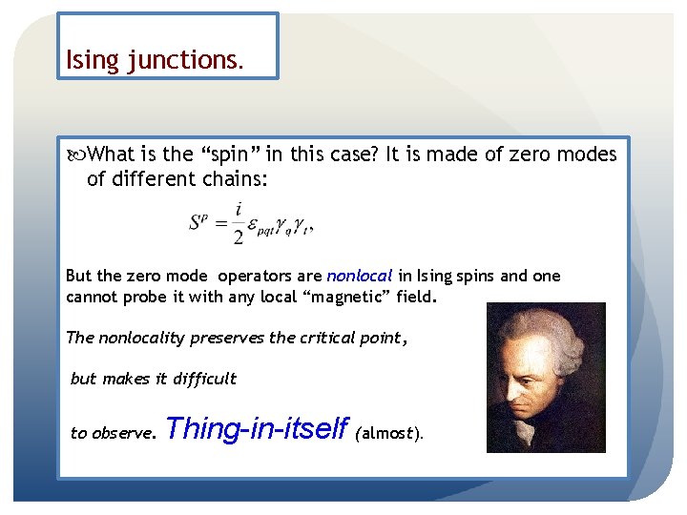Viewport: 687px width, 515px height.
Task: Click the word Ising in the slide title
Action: coord(91,60)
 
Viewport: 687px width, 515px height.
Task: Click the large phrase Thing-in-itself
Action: coord(257,429)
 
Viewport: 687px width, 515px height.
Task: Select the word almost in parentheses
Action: coord(386,433)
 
